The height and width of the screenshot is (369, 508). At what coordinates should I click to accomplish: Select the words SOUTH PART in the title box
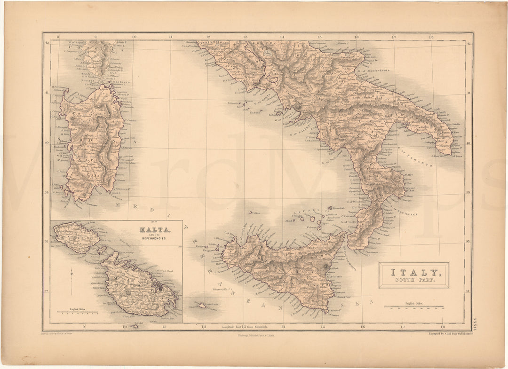(414, 281)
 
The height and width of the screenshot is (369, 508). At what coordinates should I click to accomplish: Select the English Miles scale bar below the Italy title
(414, 307)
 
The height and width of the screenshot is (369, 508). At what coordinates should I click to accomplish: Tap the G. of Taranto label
(415, 157)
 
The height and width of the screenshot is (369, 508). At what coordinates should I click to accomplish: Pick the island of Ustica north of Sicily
(252, 212)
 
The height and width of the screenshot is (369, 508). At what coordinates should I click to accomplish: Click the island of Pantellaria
(202, 305)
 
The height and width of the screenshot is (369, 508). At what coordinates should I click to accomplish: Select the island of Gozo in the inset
(75, 237)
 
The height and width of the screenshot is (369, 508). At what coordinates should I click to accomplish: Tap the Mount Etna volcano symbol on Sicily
(326, 267)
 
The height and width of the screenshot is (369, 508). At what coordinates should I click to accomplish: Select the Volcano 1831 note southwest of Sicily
(223, 289)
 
